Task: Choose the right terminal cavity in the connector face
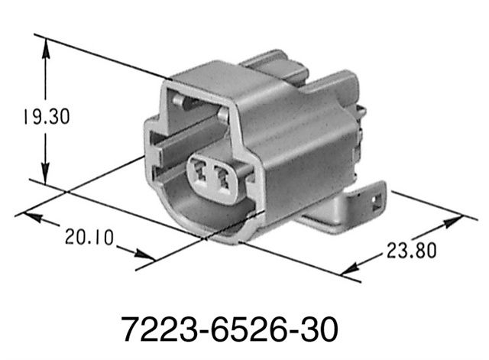tap(225, 177)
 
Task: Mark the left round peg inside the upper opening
tap(177, 99)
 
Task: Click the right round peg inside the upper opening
tap(222, 115)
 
